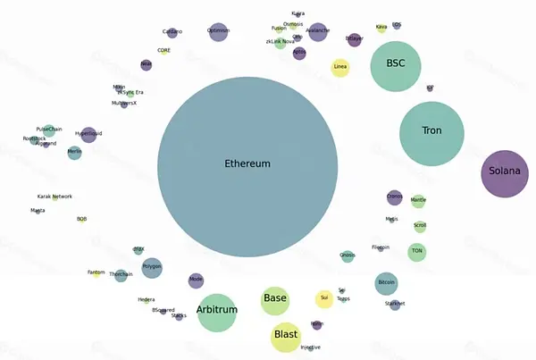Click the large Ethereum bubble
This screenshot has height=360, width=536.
point(247,165)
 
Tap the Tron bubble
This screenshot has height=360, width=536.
point(431,134)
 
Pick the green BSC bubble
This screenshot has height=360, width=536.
point(395,66)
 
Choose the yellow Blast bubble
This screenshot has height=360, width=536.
point(286,336)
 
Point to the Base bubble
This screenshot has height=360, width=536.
point(275,300)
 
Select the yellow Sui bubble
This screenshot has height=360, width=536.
point(324,299)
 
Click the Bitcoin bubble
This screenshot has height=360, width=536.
point(386,283)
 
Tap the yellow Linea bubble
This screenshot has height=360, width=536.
point(340,68)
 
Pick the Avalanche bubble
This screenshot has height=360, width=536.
point(317,32)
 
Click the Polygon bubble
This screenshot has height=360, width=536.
point(152,267)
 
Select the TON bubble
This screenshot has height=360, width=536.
point(416,253)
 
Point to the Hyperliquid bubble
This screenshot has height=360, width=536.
point(88,135)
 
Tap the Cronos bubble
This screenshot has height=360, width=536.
point(394,197)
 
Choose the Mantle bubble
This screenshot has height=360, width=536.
point(418,201)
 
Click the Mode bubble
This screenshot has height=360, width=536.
point(196,280)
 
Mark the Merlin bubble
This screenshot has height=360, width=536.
point(74,153)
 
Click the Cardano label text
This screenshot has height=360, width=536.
point(172,32)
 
